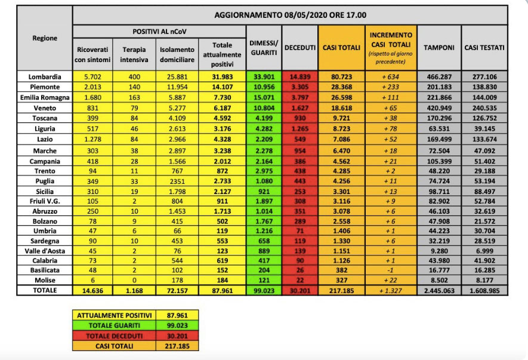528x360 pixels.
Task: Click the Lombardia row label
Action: click(45, 76)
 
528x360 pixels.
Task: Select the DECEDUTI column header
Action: click(299, 47)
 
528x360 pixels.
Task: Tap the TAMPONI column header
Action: click(439, 47)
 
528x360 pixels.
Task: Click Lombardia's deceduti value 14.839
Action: click(299, 76)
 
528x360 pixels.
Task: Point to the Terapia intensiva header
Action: click(134, 54)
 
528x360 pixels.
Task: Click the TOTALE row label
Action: click(45, 290)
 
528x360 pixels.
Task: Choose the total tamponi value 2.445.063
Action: click(439, 290)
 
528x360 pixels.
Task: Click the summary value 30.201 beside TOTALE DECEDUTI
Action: click(177, 335)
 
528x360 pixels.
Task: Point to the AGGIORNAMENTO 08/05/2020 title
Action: click(290, 15)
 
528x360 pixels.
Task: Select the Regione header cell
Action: click(45, 38)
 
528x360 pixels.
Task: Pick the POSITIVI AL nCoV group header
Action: click(158, 30)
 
